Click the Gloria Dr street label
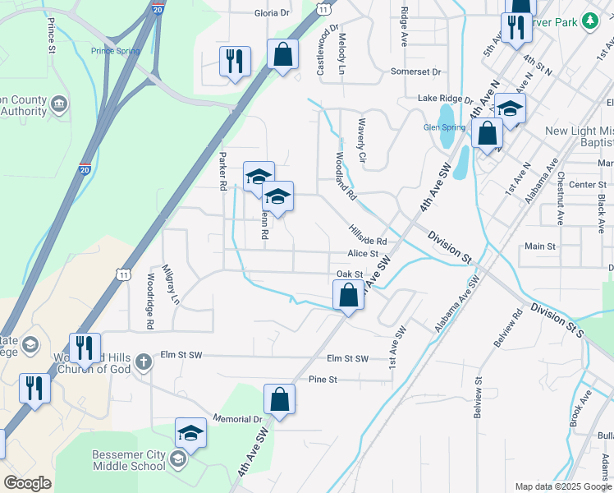273,13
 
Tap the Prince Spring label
115,51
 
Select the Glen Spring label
444,127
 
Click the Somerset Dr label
415,71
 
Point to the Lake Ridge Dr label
445,99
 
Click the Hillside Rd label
366,237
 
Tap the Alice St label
362,255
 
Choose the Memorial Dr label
237,419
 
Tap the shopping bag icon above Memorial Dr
279,399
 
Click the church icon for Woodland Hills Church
143,362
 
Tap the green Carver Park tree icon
589,19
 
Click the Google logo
27,483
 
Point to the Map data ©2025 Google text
563,486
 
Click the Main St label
540,246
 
